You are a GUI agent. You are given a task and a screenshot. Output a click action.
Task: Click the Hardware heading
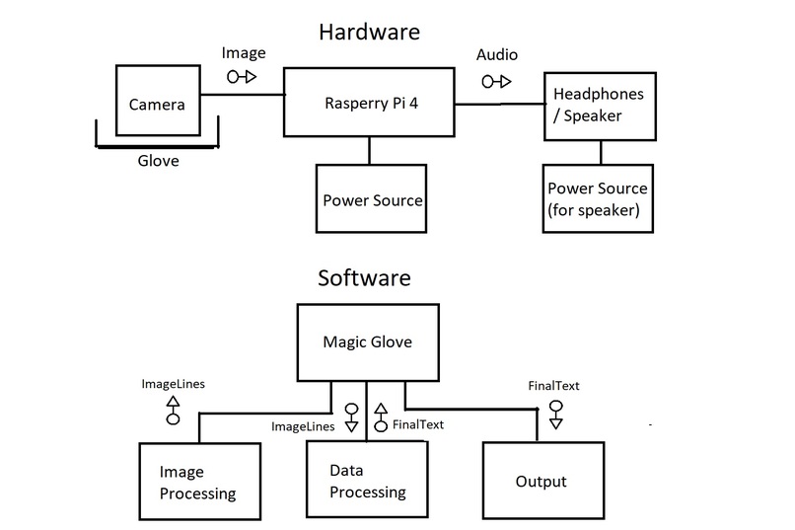click(369, 32)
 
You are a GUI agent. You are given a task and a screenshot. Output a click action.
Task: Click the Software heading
click(364, 278)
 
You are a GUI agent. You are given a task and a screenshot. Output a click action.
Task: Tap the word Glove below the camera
click(158, 159)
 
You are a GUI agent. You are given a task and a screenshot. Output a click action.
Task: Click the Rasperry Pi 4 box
click(370, 102)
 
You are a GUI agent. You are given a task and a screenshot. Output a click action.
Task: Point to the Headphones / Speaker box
click(600, 105)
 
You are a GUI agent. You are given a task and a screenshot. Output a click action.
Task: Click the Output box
click(542, 481)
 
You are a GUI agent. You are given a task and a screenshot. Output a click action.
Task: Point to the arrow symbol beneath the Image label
click(242, 76)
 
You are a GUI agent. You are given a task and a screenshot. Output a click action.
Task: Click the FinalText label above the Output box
click(554, 386)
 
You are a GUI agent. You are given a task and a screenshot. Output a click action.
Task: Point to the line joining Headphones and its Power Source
click(601, 152)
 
